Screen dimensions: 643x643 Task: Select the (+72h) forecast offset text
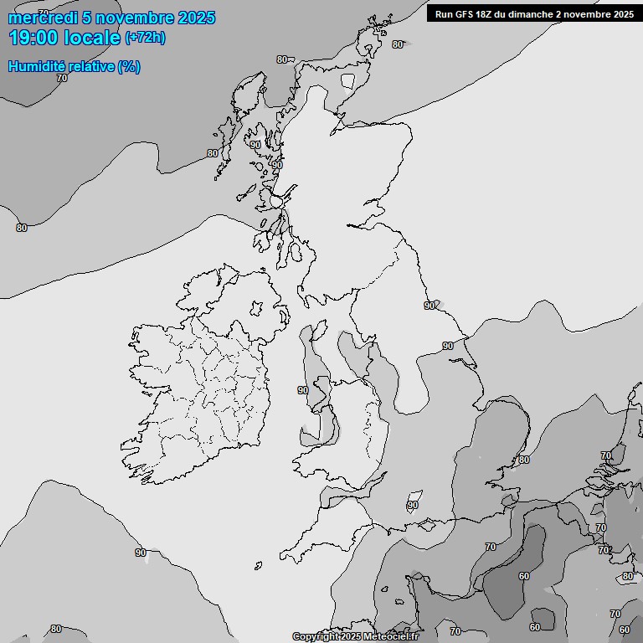click(x=145, y=38)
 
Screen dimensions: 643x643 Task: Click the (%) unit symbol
click(x=128, y=67)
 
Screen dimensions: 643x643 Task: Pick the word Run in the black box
click(x=444, y=14)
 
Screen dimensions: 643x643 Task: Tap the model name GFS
click(x=466, y=14)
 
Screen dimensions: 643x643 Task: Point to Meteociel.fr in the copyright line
click(x=392, y=637)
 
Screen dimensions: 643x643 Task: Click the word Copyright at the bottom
click(x=316, y=637)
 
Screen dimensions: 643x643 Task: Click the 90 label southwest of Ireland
click(x=141, y=553)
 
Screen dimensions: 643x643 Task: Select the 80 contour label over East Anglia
click(x=524, y=460)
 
